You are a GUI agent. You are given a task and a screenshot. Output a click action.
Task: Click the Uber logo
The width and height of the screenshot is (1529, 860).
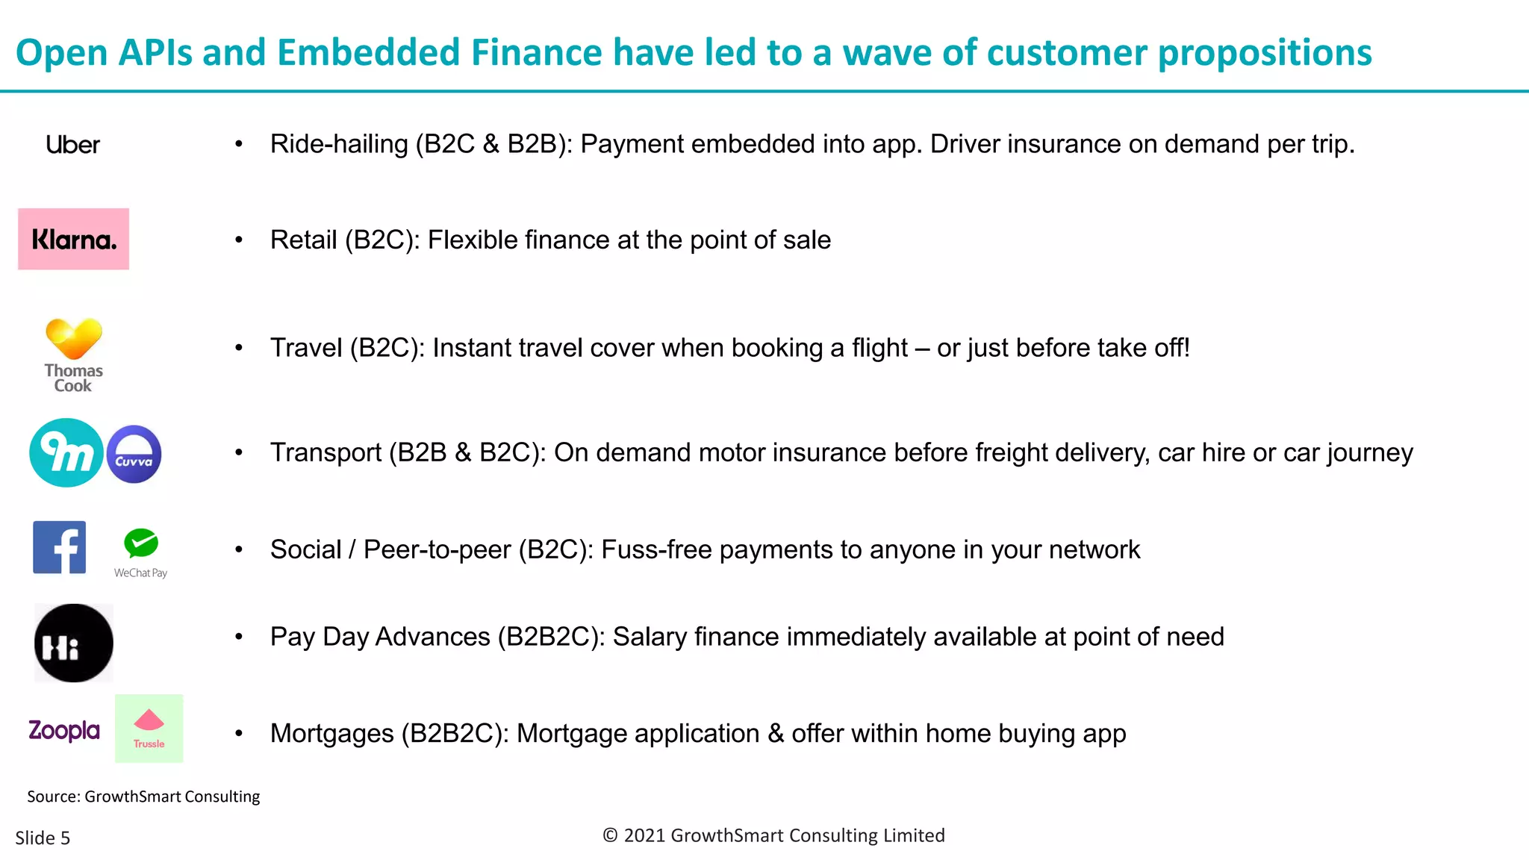click(72, 145)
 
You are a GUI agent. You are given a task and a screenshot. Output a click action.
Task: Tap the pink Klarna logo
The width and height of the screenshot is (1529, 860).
click(73, 239)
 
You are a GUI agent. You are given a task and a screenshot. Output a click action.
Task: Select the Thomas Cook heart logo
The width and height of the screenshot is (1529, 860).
click(73, 354)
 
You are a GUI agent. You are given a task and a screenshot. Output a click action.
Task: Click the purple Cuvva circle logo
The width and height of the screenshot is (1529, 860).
click(134, 454)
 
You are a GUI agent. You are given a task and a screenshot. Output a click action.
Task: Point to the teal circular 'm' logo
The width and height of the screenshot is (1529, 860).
click(66, 452)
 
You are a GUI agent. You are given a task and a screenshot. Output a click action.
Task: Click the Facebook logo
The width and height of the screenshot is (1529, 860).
click(60, 547)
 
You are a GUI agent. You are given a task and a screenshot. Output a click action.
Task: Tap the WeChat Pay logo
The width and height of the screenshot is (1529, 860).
click(140, 553)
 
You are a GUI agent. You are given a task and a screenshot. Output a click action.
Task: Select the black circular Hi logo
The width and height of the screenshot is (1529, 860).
click(73, 643)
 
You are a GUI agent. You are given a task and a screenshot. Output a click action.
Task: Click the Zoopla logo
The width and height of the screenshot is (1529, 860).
click(64, 730)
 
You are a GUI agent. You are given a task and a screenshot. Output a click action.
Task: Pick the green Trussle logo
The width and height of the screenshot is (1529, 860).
click(149, 729)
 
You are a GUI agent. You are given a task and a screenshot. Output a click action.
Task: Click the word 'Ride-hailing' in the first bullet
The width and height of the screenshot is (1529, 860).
click(339, 144)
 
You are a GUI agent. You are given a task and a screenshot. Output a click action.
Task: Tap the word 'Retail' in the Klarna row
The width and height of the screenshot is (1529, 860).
click(303, 240)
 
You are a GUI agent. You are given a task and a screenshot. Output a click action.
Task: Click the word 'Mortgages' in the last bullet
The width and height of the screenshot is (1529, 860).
click(331, 734)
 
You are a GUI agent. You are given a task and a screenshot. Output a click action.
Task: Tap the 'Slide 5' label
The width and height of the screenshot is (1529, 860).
click(43, 838)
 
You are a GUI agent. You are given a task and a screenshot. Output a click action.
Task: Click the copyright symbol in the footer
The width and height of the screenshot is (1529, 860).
click(610, 835)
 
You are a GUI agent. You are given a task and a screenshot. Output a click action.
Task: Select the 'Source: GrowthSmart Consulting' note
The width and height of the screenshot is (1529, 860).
click(143, 797)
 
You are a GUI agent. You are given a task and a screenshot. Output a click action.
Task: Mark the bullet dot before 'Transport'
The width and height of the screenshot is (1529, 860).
click(239, 452)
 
